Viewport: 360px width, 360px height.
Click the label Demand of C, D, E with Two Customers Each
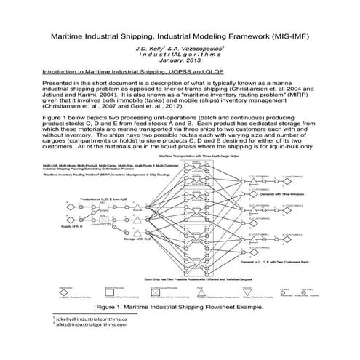click(x=288, y=260)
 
